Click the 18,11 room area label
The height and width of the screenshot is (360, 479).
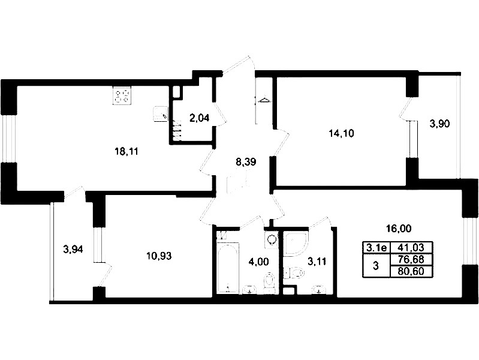[x=126, y=151]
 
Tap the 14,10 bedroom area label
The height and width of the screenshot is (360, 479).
[x=341, y=133]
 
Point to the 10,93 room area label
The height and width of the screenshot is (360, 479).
[x=159, y=256]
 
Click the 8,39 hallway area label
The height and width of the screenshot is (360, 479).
[x=246, y=162]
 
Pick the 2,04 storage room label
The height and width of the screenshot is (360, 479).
[x=200, y=118]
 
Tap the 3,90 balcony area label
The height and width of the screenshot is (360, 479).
[x=439, y=124]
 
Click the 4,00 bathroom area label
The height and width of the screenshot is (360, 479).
[x=258, y=262]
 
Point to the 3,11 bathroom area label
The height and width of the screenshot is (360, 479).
[x=317, y=262]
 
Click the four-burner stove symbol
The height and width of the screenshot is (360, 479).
[x=122, y=96]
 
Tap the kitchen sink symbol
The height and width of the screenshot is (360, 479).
[x=161, y=115]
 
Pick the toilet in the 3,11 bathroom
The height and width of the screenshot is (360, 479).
[x=294, y=272]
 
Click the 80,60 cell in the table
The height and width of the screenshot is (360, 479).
[x=412, y=271]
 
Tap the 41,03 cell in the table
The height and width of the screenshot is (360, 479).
[x=412, y=247]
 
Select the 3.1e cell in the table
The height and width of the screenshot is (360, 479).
[x=376, y=247]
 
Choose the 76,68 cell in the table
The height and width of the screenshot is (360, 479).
[x=412, y=259]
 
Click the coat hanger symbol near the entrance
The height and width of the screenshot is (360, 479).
[x=264, y=100]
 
